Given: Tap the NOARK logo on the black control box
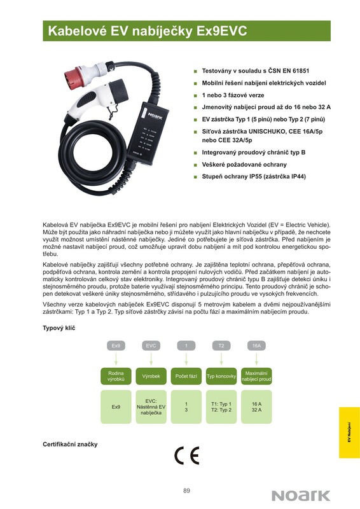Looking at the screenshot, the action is click(155, 116).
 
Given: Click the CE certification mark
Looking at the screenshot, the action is click(186, 456).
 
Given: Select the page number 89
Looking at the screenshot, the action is click(186, 491).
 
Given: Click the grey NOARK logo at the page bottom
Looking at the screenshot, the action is click(301, 496).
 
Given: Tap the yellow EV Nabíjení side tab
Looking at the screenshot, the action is click(349, 433).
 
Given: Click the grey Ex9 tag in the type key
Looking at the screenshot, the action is click(116, 345).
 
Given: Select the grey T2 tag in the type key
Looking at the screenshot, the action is click(221, 345).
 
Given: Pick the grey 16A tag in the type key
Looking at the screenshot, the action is click(256, 345).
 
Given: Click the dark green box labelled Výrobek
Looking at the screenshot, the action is click(151, 376).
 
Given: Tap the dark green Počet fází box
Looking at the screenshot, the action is click(186, 376).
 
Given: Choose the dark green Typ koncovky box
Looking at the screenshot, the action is click(221, 376).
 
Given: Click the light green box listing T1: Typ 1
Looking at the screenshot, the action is click(221, 407).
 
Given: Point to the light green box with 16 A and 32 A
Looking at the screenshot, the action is click(256, 407).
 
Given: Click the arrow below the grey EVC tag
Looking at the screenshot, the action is click(151, 358).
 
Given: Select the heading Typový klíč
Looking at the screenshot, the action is click(59, 328).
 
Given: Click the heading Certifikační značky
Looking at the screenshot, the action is click(70, 444).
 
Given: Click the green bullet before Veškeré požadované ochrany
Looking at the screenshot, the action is click(195, 165).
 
